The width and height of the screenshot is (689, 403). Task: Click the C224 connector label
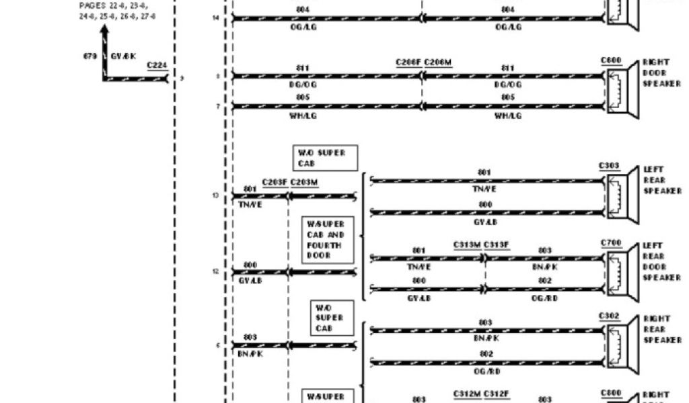(x=157, y=65)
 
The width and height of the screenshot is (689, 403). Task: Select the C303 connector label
(x=609, y=165)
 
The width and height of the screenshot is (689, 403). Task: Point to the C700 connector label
(x=610, y=242)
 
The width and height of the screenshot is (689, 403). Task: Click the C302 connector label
(x=609, y=315)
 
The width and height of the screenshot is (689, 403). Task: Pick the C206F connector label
(x=408, y=62)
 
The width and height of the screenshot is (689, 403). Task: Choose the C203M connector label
(x=304, y=182)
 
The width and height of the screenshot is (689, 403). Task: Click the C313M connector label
(x=467, y=244)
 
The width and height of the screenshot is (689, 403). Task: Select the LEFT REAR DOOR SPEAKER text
(x=661, y=261)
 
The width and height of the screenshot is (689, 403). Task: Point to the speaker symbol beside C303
(x=622, y=194)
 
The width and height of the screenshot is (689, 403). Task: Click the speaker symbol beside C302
(x=622, y=344)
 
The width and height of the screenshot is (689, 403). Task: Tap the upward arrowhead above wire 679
(x=104, y=30)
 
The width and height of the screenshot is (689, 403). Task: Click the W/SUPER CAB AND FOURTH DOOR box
(x=326, y=240)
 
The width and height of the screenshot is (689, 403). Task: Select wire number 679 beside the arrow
(x=89, y=56)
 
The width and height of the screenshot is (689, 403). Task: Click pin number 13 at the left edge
(x=215, y=195)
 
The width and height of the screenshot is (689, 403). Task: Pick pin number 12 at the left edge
(x=215, y=271)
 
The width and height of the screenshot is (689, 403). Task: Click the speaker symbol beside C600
(x=622, y=91)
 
